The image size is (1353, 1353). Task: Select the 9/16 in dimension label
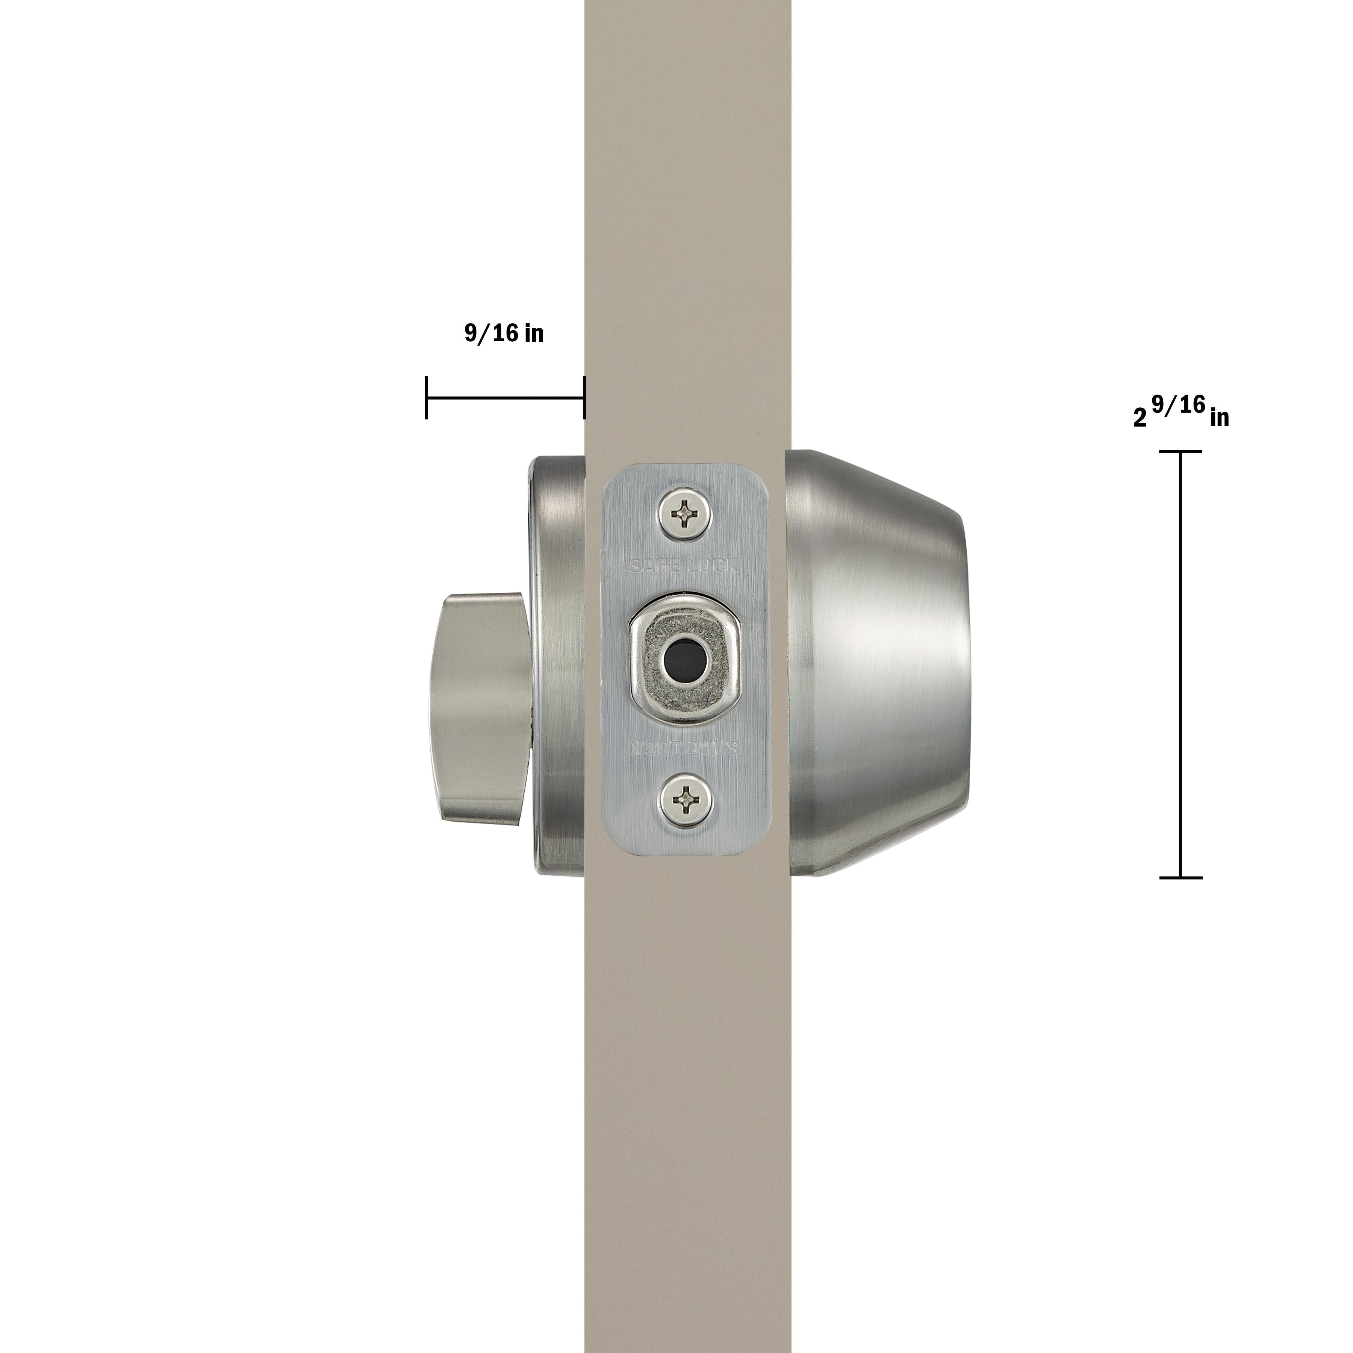pos(504,333)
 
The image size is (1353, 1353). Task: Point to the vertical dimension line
pos(1181,665)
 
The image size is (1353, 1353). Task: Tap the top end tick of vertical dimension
pos(1181,453)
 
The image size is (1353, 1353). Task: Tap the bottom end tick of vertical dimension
pos(1181,878)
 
